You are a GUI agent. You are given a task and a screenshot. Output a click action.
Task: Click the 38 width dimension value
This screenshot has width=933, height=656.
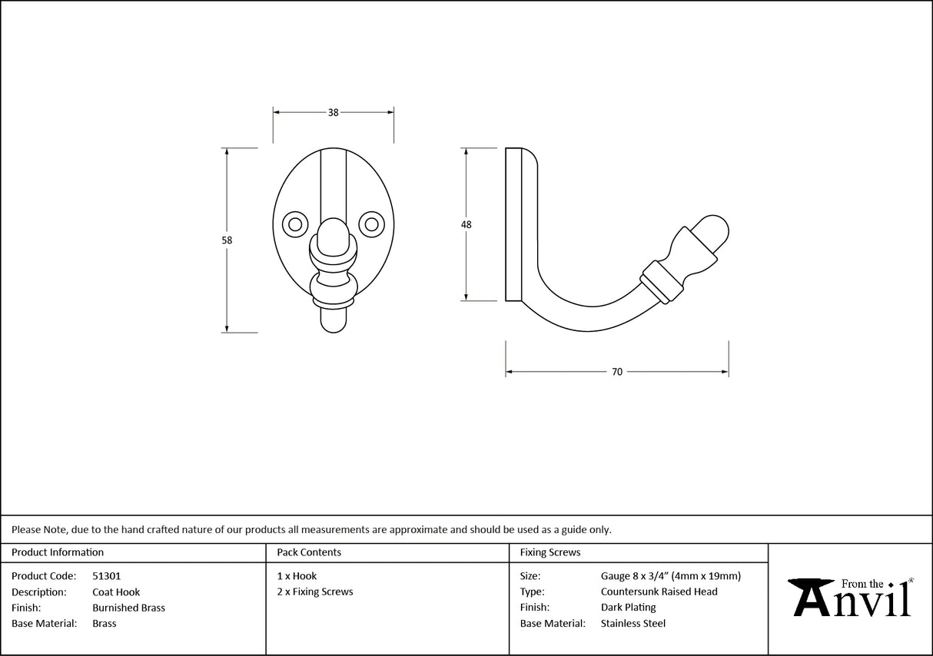[x=333, y=112]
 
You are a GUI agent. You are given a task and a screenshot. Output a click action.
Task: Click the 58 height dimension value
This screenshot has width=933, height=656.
[x=227, y=240]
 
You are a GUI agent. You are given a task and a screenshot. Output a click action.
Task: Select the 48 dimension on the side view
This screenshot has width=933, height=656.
[x=466, y=224]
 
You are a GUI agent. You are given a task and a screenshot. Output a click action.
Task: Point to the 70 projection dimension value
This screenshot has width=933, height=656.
[x=617, y=372]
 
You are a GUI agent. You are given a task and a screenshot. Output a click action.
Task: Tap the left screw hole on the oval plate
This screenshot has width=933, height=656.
[x=294, y=224]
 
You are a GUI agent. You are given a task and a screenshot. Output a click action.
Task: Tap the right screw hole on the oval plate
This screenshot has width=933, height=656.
[x=372, y=224]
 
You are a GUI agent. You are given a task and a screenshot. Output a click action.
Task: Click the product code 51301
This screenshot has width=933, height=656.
[x=106, y=575]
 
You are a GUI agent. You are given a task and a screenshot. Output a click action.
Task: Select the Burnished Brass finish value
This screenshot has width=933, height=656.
[x=128, y=608]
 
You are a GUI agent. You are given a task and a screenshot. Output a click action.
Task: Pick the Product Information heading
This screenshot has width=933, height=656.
[x=58, y=552]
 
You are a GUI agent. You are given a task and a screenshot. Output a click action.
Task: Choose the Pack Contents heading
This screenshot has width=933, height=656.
[x=309, y=552]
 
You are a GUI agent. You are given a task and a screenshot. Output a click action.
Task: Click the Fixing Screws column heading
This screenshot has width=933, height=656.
[x=550, y=552]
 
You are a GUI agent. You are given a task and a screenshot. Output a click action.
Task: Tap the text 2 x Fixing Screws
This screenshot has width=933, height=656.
[x=315, y=591]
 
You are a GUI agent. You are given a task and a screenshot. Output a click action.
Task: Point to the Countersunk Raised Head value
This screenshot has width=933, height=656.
[x=659, y=591]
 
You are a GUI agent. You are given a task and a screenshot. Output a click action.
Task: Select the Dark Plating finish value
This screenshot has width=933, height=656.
[x=628, y=608]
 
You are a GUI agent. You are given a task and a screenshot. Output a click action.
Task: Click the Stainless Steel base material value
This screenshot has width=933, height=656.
[x=633, y=624]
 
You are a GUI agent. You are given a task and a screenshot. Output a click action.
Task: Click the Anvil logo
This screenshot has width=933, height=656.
[x=851, y=598]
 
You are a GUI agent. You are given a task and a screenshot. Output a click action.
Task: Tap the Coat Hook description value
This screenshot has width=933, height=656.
[x=116, y=591]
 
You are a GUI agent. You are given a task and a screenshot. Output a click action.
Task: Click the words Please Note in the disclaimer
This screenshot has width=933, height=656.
[x=38, y=529]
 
